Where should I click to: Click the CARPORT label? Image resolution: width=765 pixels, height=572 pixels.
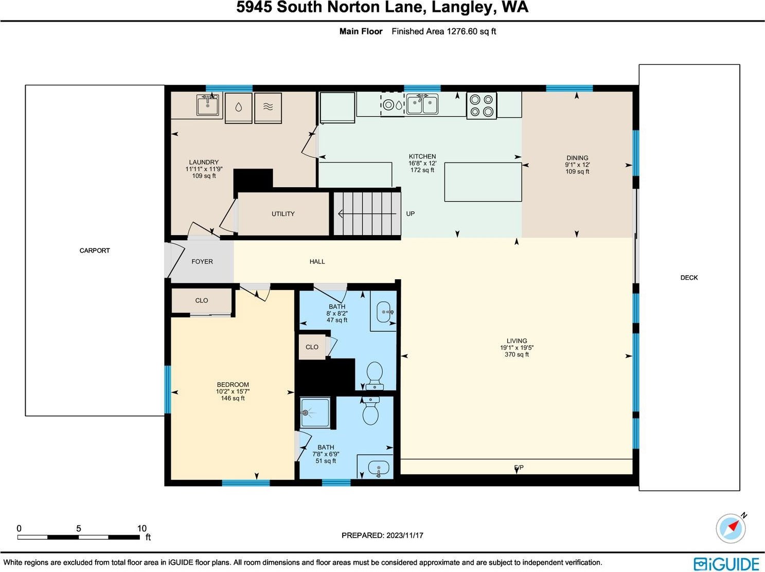point(95,251)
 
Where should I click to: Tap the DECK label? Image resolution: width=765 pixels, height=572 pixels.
point(689,278)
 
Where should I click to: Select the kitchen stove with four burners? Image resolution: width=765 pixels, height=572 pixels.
point(482,105)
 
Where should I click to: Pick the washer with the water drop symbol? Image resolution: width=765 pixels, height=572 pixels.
point(238,108)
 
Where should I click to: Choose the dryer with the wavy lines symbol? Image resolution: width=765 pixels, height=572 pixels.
point(268,108)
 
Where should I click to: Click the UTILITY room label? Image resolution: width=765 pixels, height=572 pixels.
point(283,214)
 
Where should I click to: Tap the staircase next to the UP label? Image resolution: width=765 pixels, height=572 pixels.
point(367,213)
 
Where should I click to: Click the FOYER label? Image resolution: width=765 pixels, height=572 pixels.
point(202,262)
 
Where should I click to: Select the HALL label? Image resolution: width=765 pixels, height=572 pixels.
point(317,262)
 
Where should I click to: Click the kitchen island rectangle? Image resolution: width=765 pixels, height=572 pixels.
point(483,182)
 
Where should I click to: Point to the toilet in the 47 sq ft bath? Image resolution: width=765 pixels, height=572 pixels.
point(375,376)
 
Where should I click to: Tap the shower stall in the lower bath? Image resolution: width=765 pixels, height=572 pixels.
point(315,413)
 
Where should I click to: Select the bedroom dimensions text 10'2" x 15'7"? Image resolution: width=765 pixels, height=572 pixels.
point(233,391)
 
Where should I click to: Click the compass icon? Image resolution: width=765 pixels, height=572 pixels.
point(731,528)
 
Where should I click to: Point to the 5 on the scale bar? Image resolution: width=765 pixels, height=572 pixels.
point(79,528)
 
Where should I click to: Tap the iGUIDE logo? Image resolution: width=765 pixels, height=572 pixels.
point(726,564)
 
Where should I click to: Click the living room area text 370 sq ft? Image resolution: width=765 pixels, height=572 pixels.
point(517,354)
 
